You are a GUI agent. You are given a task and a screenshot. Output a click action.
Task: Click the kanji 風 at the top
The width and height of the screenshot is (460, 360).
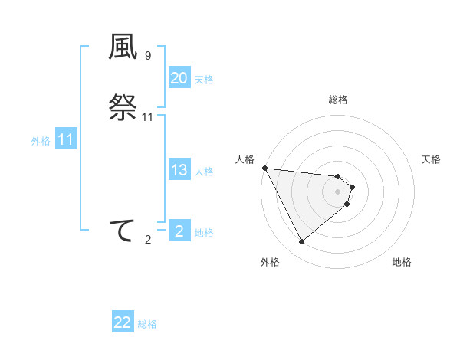pyautogui.click(x=123, y=47)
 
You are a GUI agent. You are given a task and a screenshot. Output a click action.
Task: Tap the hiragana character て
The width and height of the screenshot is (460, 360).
pyautogui.click(x=123, y=231)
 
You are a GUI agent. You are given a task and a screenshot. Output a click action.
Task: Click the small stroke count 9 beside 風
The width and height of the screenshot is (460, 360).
pyautogui.click(x=148, y=56)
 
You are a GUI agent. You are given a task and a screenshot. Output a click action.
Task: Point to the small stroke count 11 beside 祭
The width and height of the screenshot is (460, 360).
pyautogui.click(x=148, y=116)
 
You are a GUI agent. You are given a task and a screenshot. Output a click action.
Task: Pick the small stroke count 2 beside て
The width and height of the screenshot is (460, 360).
pyautogui.click(x=148, y=240)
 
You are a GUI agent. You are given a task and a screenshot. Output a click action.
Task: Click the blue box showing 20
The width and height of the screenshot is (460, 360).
pyautogui.click(x=179, y=78)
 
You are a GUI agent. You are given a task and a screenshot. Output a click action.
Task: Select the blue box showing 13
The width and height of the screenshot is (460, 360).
pyautogui.click(x=179, y=170)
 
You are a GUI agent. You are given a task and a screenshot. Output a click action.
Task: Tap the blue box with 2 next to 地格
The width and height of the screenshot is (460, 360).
pyautogui.click(x=179, y=231)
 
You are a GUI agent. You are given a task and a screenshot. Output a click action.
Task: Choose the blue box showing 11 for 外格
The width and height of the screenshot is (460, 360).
pyautogui.click(x=66, y=140)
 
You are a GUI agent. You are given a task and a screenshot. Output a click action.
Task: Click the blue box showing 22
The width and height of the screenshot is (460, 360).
pyautogui.click(x=123, y=323)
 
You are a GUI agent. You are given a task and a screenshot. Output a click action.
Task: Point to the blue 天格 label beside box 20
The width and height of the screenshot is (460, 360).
pyautogui.click(x=204, y=80)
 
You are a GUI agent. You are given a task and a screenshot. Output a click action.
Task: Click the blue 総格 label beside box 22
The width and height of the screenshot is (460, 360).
pyautogui.click(x=147, y=325)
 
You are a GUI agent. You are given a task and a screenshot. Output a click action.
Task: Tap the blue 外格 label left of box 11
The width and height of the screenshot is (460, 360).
pyautogui.click(x=40, y=141)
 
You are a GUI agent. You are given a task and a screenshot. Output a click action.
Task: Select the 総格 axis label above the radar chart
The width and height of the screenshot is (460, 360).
pyautogui.click(x=338, y=100)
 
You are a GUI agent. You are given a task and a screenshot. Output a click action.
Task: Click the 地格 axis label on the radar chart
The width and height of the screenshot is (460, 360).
pyautogui.click(x=402, y=262)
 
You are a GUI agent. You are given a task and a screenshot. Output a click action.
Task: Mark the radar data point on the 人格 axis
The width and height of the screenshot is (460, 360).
pyautogui.click(x=264, y=168)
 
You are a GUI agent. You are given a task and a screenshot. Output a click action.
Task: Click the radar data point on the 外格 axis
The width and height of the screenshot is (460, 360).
pyautogui.click(x=301, y=242)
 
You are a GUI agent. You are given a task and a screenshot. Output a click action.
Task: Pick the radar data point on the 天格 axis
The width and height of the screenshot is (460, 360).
pyautogui.click(x=352, y=186)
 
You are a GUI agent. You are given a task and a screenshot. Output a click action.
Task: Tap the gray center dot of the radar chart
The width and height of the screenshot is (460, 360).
pyautogui.click(x=338, y=191)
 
